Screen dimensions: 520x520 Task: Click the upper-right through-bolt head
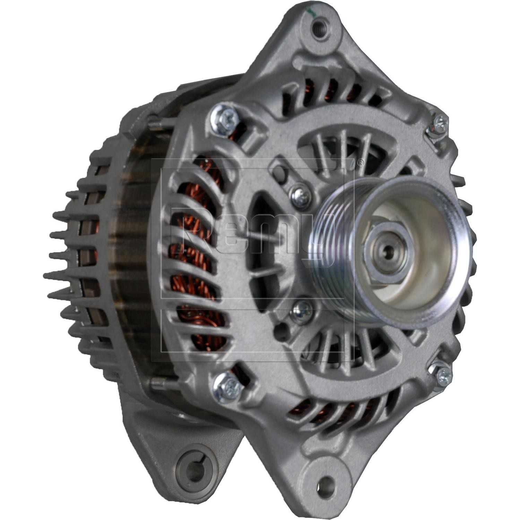point(439,124)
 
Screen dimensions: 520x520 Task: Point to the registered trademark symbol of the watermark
point(361,163)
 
